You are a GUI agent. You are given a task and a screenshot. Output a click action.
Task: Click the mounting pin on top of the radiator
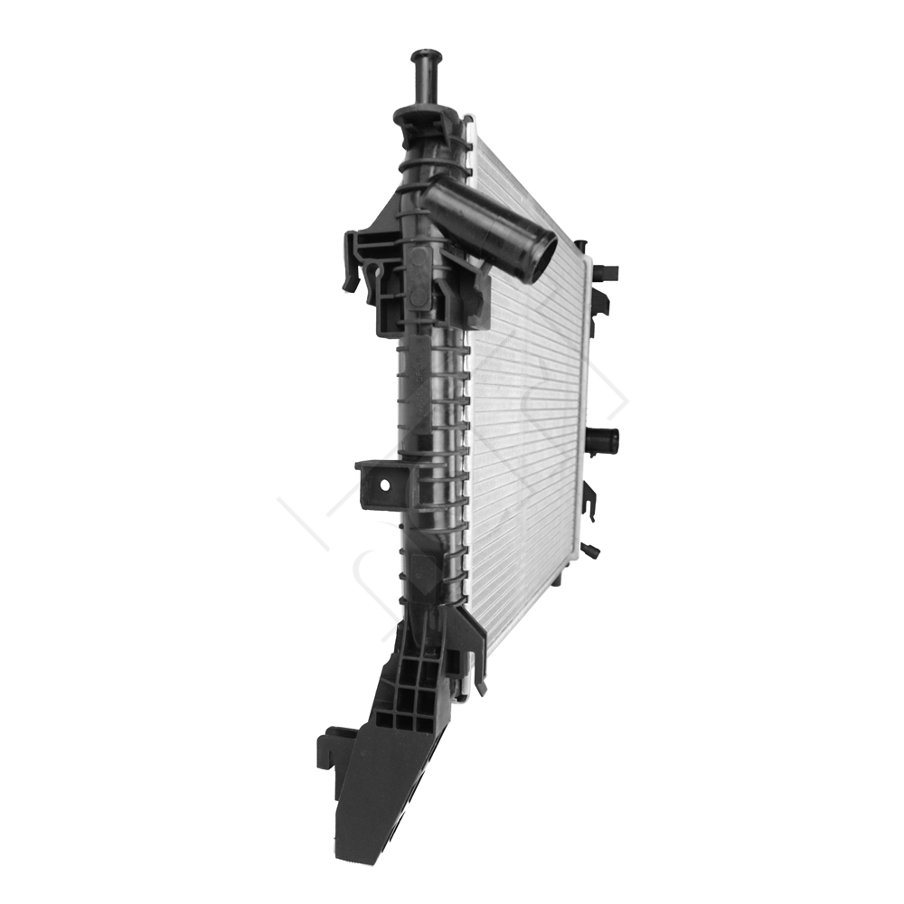click(423, 76)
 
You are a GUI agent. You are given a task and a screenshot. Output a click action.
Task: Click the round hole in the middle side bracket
click(385, 485)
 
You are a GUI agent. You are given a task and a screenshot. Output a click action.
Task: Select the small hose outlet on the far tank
click(605, 441)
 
